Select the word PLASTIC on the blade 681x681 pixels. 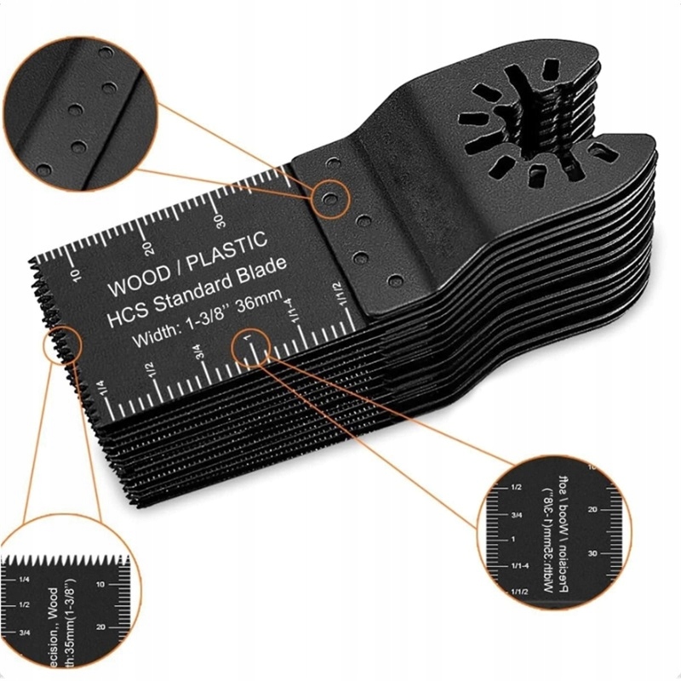(x=226, y=247)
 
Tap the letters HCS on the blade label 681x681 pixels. (x=122, y=313)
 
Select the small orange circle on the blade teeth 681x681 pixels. (x=62, y=346)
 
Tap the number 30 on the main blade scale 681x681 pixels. (x=220, y=221)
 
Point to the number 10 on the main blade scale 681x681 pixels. (x=75, y=274)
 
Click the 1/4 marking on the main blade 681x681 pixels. (x=100, y=386)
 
